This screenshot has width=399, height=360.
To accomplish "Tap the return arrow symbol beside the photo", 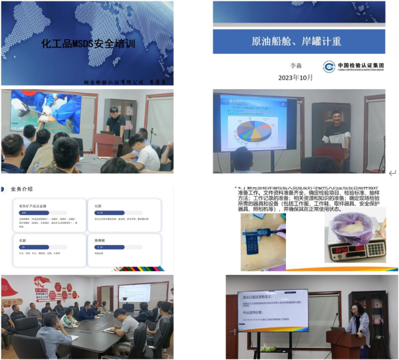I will [392, 173].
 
